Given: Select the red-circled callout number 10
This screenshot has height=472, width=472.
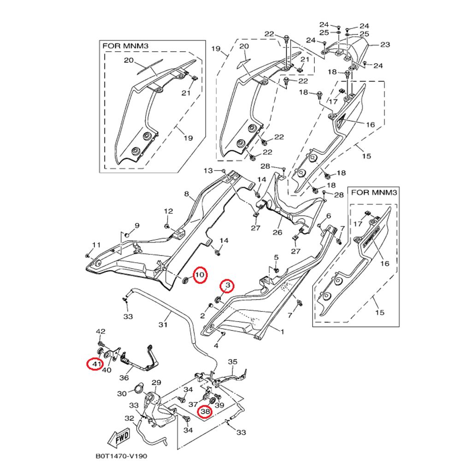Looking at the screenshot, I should click(200, 275).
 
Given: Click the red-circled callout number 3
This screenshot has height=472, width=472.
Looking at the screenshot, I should click(227, 286).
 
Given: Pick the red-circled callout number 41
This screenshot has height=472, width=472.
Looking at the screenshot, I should click(95, 364).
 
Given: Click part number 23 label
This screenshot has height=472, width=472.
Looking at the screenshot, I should click(385, 45).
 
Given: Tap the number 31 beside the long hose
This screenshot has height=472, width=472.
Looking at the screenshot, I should click(162, 324).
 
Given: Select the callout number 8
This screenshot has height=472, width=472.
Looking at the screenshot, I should click(187, 194).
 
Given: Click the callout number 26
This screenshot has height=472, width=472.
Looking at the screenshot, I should click(277, 232).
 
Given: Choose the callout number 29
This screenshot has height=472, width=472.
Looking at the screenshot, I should click(156, 382).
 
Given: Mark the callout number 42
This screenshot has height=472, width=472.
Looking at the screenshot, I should click(100, 331).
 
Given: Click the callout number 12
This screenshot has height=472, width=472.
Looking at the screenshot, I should click(169, 211).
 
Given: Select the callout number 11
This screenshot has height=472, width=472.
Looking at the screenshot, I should click(96, 244).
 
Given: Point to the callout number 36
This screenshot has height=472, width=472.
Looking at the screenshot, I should click(124, 378).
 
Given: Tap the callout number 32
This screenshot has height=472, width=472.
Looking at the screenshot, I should click(130, 419).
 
